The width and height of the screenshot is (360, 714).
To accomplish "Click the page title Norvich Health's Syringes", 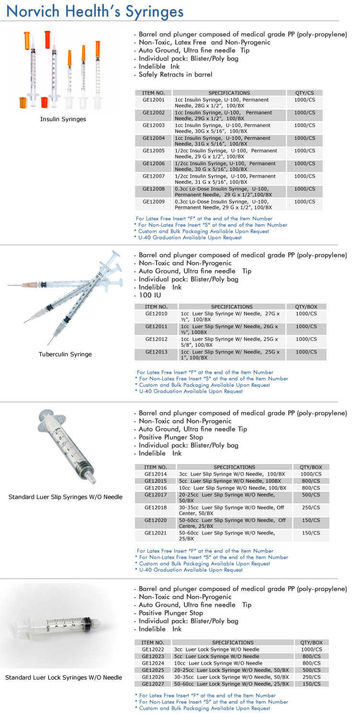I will point(95,11).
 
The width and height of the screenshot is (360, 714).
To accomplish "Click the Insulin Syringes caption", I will point(63,119).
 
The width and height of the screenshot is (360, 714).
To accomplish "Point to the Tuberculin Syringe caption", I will point(65,354).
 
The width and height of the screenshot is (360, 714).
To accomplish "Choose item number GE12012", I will point(156,339).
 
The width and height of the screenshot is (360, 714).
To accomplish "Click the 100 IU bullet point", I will point(149,295).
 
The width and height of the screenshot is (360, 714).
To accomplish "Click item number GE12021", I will point(156,533).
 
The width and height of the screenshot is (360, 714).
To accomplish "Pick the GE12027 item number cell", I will point(153,684).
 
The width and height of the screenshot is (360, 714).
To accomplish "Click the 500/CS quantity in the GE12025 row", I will point(311,670).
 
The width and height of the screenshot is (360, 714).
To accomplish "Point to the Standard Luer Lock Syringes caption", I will point(64,678).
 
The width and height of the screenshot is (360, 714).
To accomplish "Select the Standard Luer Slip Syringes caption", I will point(66,497).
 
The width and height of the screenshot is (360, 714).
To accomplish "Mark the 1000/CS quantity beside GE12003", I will point(304,125).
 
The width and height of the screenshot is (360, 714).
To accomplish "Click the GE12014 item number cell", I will point(156,474).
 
